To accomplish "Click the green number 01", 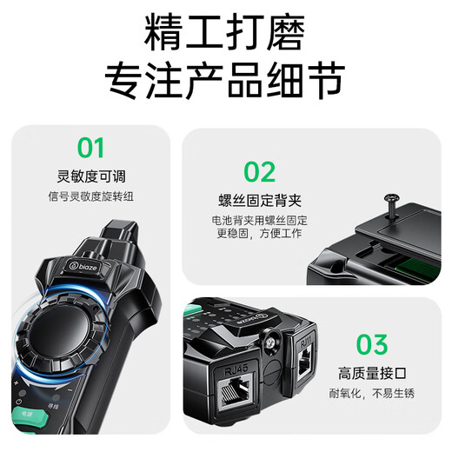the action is click(x=90, y=148).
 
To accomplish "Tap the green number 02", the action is click(x=259, y=172).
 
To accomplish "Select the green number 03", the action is click(x=372, y=344).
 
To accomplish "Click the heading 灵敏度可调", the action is click(x=91, y=176).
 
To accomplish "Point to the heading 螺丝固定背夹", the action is click(x=260, y=201).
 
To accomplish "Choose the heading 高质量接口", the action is click(x=372, y=373).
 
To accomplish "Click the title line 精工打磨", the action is click(x=224, y=32).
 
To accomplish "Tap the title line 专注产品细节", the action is click(x=224, y=80).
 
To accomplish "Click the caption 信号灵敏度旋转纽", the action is click(x=90, y=196).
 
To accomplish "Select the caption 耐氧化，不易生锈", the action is click(x=372, y=394).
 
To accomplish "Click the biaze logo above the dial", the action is click(x=84, y=266).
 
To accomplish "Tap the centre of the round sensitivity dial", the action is click(x=59, y=331).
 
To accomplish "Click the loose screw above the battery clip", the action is click(x=391, y=206).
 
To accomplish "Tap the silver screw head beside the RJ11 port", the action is click(x=270, y=342).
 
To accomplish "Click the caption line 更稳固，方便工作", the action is click(x=259, y=233).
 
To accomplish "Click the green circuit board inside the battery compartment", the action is click(x=420, y=268).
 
